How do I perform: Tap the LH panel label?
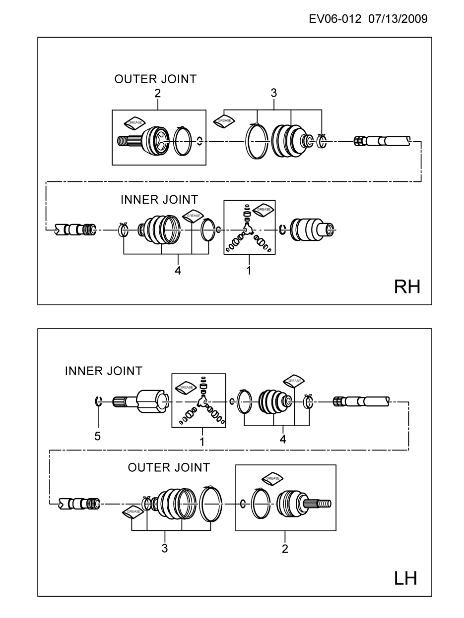[x=405, y=578]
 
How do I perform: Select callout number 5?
[x=97, y=436]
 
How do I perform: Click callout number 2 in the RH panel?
[x=157, y=93]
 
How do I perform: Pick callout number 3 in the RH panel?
[x=273, y=93]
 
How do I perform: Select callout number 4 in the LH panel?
[x=282, y=440]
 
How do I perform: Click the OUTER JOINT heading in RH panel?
[x=155, y=79]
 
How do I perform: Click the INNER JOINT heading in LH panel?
[x=103, y=371]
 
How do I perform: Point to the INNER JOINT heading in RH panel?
[x=159, y=200]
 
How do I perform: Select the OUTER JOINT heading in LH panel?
[x=169, y=467]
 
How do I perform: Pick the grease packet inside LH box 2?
[x=272, y=478]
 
